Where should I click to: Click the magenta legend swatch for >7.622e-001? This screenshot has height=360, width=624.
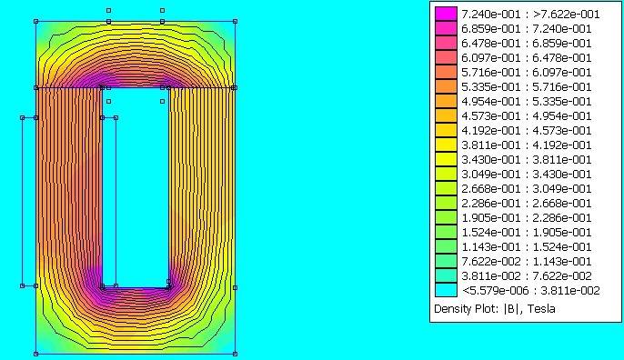[x=446, y=14]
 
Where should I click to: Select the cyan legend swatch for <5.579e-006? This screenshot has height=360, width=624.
[x=446, y=290]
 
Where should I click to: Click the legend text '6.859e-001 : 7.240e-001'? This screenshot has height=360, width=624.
[x=526, y=29]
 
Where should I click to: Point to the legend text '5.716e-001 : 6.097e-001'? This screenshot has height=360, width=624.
[x=526, y=73]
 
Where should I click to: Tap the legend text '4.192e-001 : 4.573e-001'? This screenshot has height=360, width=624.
[x=526, y=131]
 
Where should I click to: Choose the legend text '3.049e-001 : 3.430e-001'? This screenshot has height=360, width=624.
[x=526, y=175]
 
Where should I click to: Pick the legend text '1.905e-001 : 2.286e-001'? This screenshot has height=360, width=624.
[x=526, y=217]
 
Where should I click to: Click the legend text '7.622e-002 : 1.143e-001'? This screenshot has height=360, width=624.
[x=526, y=261]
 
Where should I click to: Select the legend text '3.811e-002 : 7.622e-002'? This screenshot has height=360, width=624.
[x=526, y=275]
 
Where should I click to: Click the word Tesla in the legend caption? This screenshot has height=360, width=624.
[x=541, y=309]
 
